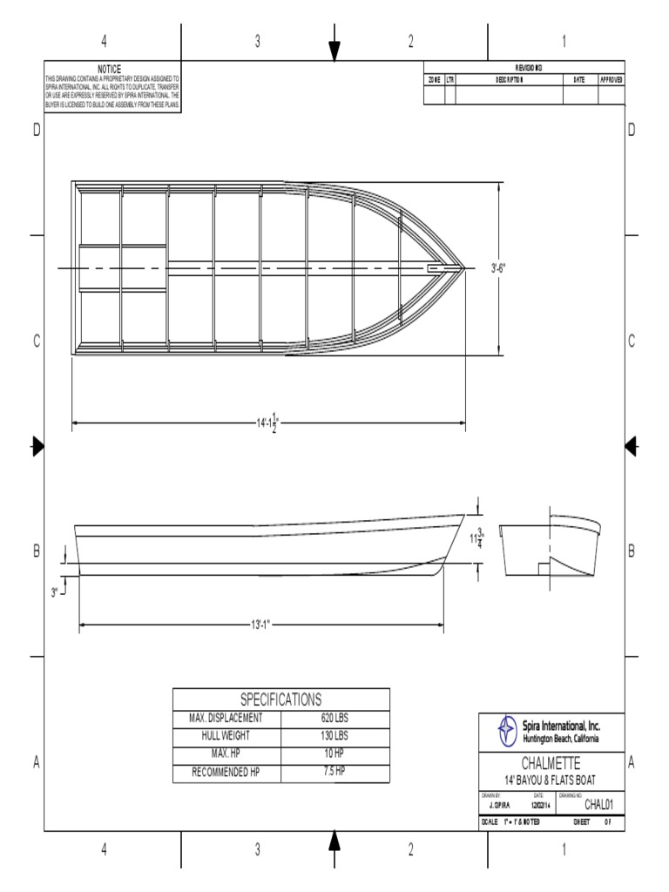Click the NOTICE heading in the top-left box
pyautogui.click(x=110, y=69)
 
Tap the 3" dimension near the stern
pyautogui.click(x=54, y=592)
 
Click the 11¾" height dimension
pyautogui.click(x=476, y=539)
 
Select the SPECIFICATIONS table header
pyautogui.click(x=280, y=699)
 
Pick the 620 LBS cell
pyautogui.click(x=334, y=719)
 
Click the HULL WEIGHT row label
pyautogui.click(x=226, y=736)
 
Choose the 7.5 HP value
pyautogui.click(x=334, y=772)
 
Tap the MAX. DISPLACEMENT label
pyautogui.click(x=226, y=719)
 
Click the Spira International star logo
pyautogui.click(x=506, y=730)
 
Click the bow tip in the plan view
pyautogui.click(x=464, y=268)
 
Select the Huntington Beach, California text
pyautogui.click(x=560, y=739)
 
